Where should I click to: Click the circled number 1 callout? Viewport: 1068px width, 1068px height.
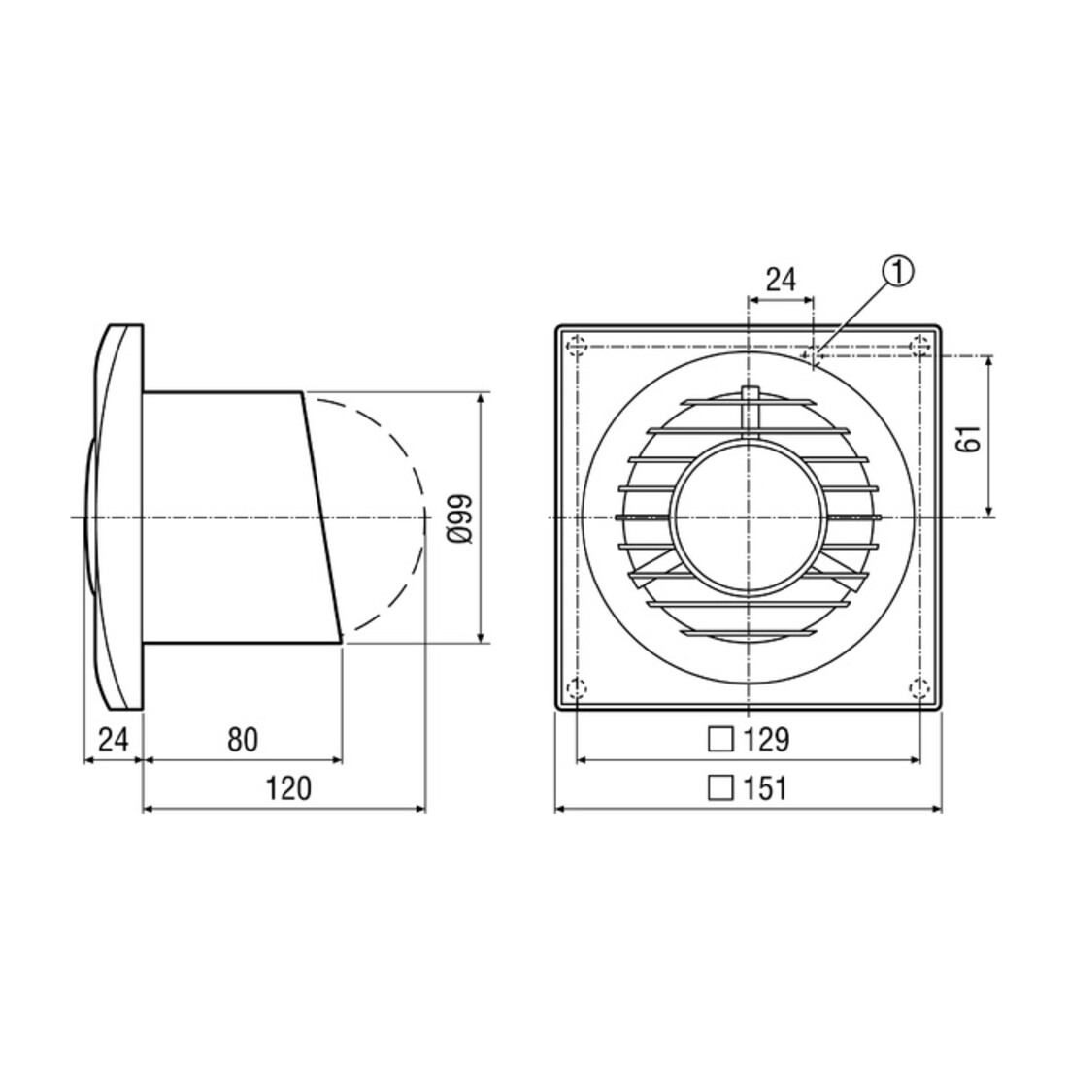(898, 273)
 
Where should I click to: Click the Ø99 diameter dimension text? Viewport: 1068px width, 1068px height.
(460, 517)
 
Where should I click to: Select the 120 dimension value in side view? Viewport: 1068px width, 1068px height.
(288, 788)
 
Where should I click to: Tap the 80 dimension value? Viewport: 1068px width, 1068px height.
(243, 739)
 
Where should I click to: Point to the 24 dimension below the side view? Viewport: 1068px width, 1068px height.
(113, 739)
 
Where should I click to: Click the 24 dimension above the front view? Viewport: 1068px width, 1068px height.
(781, 280)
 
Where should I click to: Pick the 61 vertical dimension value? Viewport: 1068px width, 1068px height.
(968, 437)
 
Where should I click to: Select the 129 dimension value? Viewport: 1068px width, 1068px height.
(766, 739)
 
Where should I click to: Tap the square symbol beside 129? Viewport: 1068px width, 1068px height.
(720, 739)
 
